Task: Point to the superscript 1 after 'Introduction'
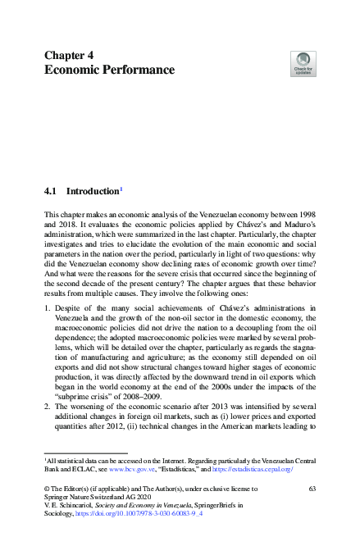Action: click(122, 189)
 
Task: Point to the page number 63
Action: click(312, 488)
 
